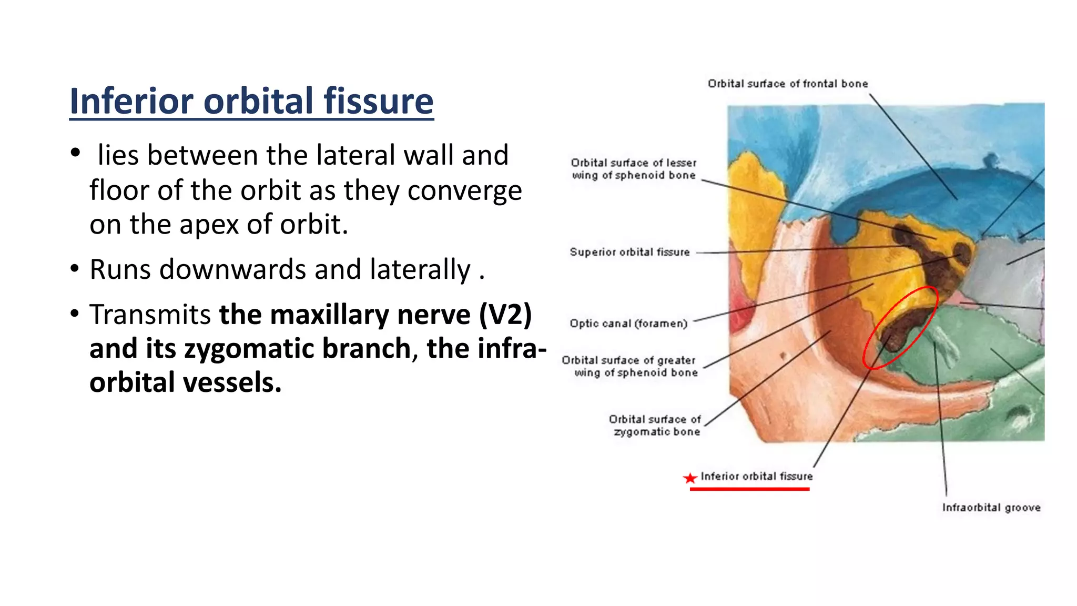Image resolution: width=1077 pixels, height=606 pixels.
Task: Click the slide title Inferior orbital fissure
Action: (x=251, y=101)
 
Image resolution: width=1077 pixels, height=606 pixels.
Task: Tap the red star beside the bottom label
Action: (x=689, y=478)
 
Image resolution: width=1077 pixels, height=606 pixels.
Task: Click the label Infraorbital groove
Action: (x=991, y=508)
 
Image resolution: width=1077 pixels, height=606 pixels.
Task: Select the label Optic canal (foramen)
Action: (x=628, y=324)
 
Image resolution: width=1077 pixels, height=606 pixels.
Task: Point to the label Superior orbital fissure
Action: (x=629, y=252)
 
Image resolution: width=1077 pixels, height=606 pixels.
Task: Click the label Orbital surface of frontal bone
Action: (x=787, y=84)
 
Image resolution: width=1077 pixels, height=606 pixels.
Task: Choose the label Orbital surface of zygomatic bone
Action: (x=655, y=426)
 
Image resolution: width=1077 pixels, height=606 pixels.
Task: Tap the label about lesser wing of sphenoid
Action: (x=634, y=169)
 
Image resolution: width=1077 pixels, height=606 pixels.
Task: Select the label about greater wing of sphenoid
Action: (x=629, y=367)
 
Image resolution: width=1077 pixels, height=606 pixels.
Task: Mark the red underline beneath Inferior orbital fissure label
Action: (x=749, y=489)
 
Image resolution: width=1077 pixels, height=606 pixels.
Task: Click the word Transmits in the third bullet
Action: (x=150, y=315)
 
